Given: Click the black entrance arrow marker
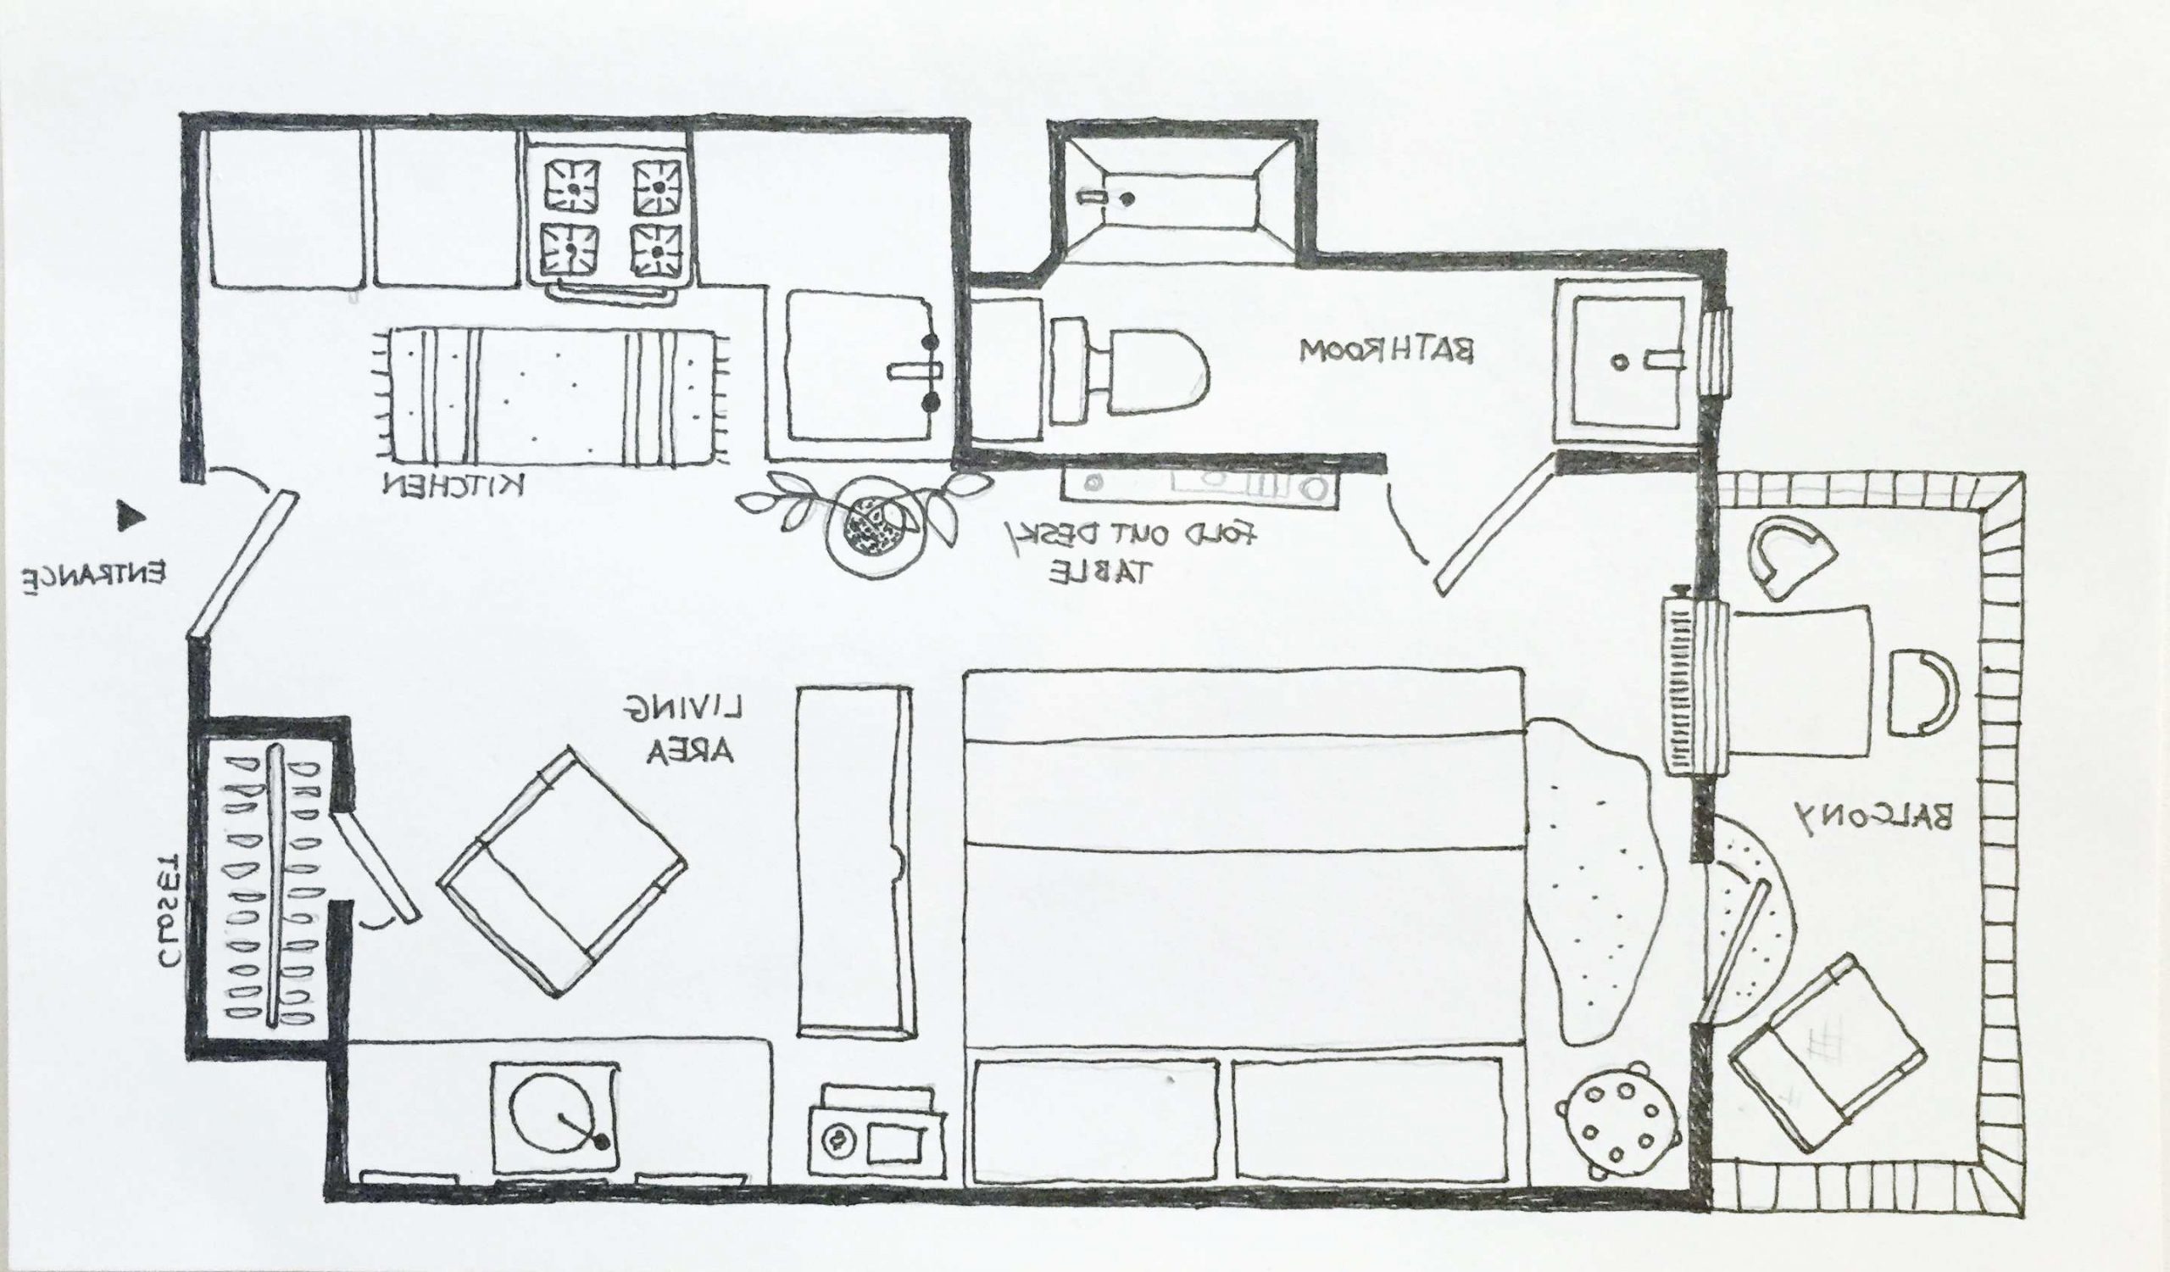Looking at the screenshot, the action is coord(131,516).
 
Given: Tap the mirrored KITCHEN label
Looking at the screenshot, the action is coord(453,487).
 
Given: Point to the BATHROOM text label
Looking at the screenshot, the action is coord(1388,350).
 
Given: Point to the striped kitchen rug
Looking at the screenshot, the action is coord(552,399).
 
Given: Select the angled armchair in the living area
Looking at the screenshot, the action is coord(561,873).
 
